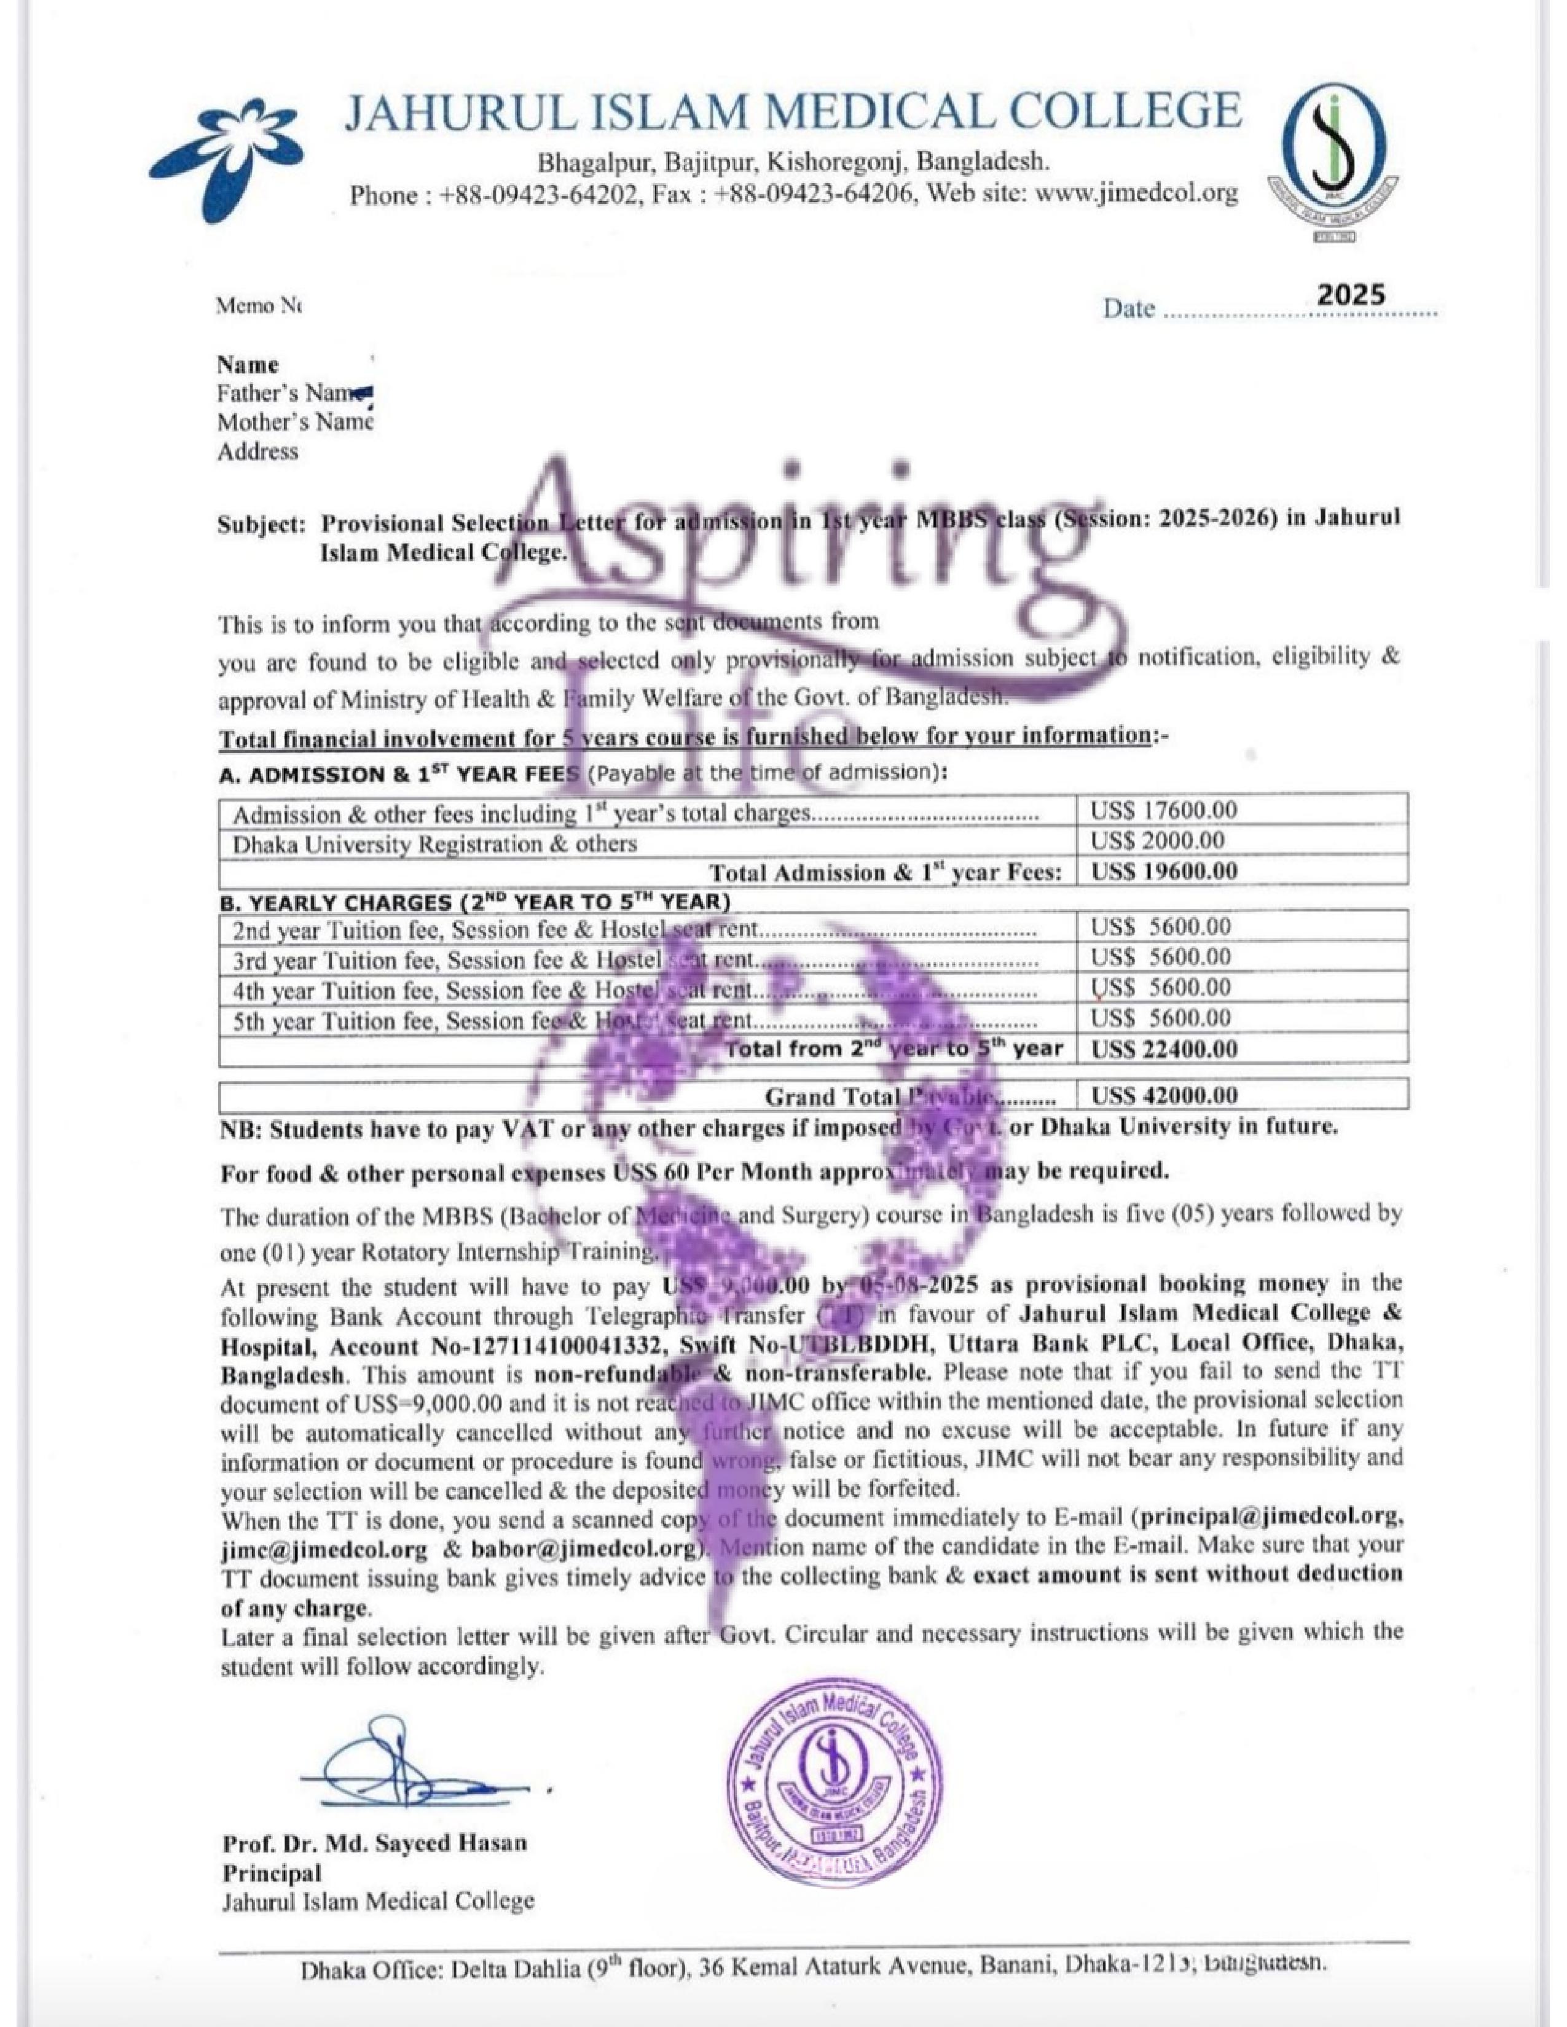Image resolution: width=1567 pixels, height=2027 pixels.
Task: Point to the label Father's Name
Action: (x=288, y=394)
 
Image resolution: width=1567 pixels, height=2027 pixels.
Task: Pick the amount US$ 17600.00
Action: (x=1163, y=810)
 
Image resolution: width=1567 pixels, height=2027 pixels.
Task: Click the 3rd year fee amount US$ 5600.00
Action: (x=1160, y=957)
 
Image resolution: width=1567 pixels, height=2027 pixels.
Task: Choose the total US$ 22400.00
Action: (x=1163, y=1050)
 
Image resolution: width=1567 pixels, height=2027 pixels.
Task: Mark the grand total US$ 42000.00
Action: (x=1163, y=1096)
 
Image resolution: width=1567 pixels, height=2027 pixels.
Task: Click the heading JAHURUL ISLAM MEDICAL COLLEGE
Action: (x=792, y=111)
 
